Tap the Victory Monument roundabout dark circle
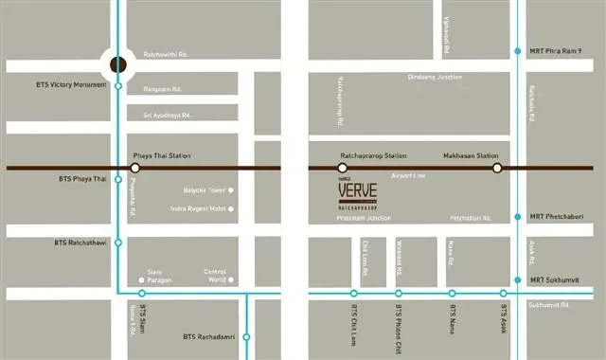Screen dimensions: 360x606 [117, 64]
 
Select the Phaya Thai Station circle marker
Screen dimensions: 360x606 [135, 168]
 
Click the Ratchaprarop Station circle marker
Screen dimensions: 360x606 [342, 168]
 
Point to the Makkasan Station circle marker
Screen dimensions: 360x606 [496, 168]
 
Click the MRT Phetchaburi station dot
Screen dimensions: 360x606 [518, 217]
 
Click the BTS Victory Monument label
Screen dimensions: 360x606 [68, 85]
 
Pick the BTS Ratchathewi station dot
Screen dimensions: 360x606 [117, 243]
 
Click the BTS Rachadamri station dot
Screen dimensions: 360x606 [246, 336]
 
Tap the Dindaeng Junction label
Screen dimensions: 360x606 [435, 77]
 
